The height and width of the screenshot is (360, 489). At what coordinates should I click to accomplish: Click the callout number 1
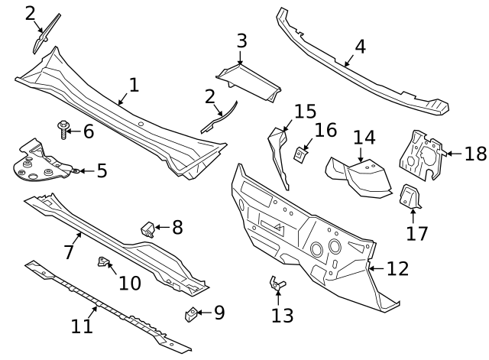click(133, 85)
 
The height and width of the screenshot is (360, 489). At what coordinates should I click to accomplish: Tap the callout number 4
click(359, 46)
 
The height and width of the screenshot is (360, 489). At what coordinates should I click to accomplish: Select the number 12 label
click(397, 269)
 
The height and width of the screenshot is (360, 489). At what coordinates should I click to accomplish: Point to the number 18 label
click(475, 154)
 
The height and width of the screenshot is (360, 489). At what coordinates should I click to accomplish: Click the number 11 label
click(82, 326)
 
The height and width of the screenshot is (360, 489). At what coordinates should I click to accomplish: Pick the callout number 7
click(69, 251)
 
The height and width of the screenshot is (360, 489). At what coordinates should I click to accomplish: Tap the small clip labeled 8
click(147, 228)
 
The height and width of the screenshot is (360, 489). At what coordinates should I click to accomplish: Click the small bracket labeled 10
click(102, 263)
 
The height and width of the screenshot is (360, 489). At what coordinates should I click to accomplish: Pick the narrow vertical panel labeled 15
click(278, 157)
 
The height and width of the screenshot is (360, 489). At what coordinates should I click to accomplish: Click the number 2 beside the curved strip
click(209, 97)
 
